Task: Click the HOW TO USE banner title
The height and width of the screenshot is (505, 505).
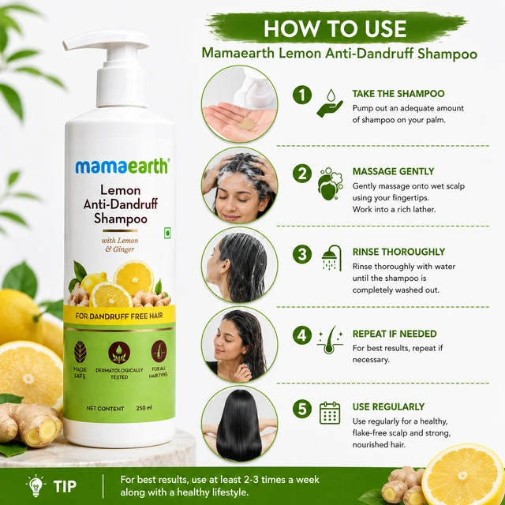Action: [x=335, y=28]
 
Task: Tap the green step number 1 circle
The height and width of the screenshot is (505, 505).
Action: [x=302, y=95]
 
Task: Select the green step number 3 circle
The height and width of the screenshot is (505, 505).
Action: [x=302, y=254]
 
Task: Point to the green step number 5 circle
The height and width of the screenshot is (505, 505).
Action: [x=302, y=409]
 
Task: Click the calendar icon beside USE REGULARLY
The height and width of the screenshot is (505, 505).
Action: [x=330, y=413]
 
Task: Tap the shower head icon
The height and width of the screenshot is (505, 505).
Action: [x=331, y=258]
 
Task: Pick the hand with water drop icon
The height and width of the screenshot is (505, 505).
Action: [x=330, y=103]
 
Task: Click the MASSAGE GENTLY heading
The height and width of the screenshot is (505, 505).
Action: [x=393, y=171]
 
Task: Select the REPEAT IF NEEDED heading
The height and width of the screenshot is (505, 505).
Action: [x=395, y=334]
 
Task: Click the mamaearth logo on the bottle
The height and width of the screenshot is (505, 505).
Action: [x=122, y=166]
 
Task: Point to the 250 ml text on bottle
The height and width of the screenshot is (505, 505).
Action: [x=144, y=408]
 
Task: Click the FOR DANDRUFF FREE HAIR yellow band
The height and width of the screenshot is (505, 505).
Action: [x=119, y=316]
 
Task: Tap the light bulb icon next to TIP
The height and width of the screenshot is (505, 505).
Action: [x=36, y=485]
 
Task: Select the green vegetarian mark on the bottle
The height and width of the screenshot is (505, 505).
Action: [x=167, y=233]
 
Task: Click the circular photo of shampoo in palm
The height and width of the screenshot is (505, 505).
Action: [x=239, y=104]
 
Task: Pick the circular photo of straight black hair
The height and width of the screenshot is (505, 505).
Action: [x=239, y=425]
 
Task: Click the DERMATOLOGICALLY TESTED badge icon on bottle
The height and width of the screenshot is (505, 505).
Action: [x=119, y=353]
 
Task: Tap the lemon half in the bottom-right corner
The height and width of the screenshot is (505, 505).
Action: [x=463, y=475]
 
